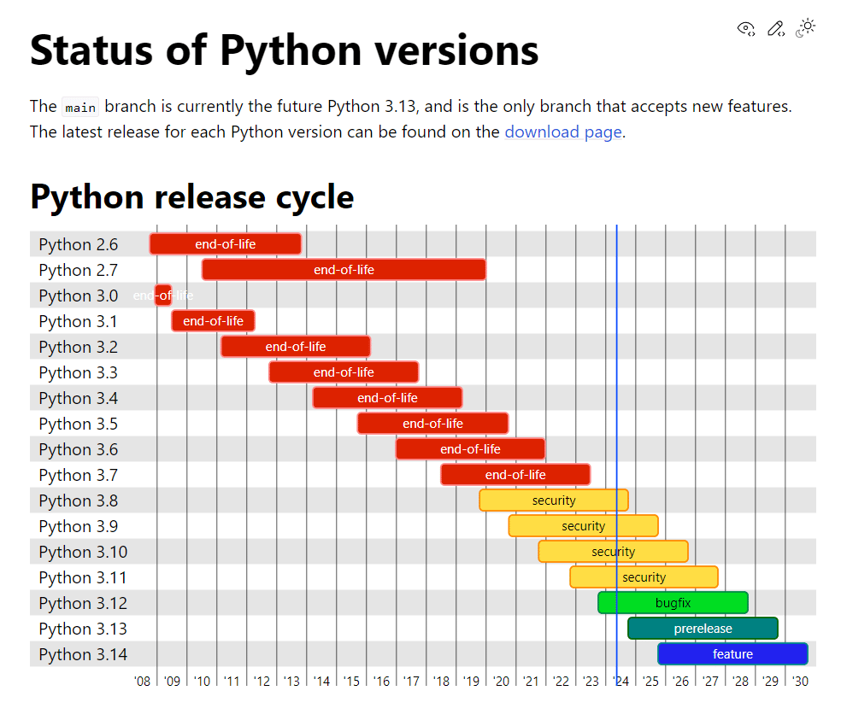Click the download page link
pyautogui.click(x=563, y=132)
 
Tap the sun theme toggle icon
pyautogui.click(x=806, y=28)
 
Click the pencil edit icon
pyautogui.click(x=775, y=28)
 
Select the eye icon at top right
pyautogui.click(x=746, y=28)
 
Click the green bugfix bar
pyautogui.click(x=673, y=603)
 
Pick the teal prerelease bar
pyautogui.click(x=703, y=629)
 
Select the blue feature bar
pyautogui.click(x=732, y=654)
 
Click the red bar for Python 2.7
pyautogui.click(x=344, y=270)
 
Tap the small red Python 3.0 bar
pyautogui.click(x=163, y=296)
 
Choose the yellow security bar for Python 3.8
pyautogui.click(x=554, y=500)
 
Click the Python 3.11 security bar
pyautogui.click(x=644, y=577)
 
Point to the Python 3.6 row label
pyautogui.click(x=79, y=449)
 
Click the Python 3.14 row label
pyautogui.click(x=83, y=654)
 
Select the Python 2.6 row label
pyautogui.click(x=79, y=244)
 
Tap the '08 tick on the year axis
pyautogui.click(x=142, y=681)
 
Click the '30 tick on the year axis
pyautogui.click(x=800, y=681)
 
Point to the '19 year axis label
pyautogui.click(x=471, y=681)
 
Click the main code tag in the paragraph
pyautogui.click(x=80, y=108)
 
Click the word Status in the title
pyautogui.click(x=91, y=50)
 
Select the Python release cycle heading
pyautogui.click(x=192, y=197)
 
